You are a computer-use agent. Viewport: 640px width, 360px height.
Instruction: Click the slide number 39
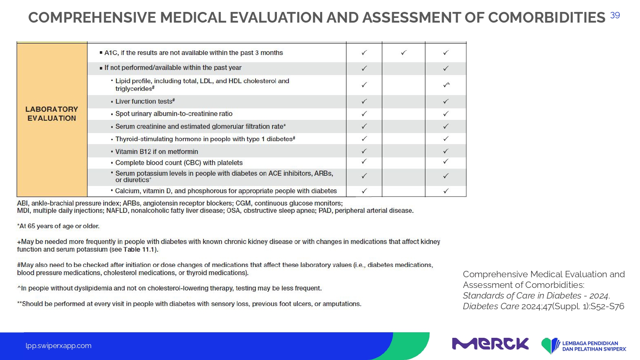click(615, 15)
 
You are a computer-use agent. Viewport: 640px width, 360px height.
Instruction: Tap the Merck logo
click(490, 344)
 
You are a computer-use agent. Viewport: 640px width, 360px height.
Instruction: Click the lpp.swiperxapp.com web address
click(58, 346)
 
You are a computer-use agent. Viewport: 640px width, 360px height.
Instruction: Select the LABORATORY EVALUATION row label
click(52, 114)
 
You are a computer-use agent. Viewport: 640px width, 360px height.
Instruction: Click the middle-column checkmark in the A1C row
click(404, 52)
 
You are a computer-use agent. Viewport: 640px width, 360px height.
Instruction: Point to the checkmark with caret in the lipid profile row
click(446, 85)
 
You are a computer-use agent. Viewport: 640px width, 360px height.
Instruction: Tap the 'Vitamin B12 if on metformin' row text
click(157, 151)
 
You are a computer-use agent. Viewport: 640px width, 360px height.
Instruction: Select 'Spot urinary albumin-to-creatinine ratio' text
click(174, 114)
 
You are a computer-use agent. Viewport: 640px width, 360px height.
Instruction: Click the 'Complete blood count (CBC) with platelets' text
click(179, 163)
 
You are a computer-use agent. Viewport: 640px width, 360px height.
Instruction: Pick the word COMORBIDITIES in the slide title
click(546, 17)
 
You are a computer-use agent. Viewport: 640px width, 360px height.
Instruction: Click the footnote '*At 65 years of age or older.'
click(58, 226)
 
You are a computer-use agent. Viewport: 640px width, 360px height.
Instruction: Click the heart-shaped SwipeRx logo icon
click(550, 345)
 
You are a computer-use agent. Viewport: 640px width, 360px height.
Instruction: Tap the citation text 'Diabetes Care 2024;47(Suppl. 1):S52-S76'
click(544, 306)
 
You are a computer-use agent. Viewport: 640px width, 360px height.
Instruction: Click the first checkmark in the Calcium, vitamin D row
click(364, 191)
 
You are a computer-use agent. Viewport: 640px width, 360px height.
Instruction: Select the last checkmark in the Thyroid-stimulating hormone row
click(446, 139)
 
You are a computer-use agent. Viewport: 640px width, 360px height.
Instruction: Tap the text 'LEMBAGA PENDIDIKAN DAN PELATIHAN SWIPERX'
click(594, 346)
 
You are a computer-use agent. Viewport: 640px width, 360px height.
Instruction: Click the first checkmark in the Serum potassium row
click(364, 176)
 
